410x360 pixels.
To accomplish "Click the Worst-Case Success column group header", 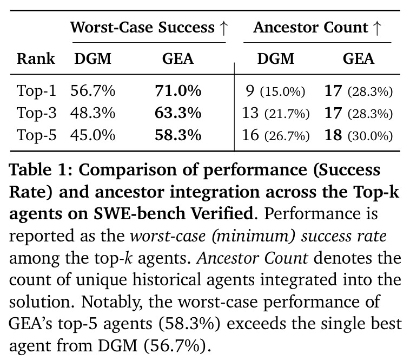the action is pyautogui.click(x=149, y=28).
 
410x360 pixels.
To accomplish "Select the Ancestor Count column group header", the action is pyautogui.click(x=318, y=28).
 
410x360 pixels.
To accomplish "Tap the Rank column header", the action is pyautogui.click(x=36, y=58).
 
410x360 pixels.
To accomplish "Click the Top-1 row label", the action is pyautogui.click(x=36, y=90).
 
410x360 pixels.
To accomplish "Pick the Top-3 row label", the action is pyautogui.click(x=36, y=113).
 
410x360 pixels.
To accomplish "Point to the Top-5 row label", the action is pyautogui.click(x=36, y=135).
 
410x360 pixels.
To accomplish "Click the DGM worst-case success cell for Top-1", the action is pyautogui.click(x=92, y=91).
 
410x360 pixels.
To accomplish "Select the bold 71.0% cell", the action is pyautogui.click(x=178, y=91).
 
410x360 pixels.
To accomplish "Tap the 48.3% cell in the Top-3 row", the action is pyautogui.click(x=92, y=113).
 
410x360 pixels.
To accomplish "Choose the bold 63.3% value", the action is pyautogui.click(x=178, y=113).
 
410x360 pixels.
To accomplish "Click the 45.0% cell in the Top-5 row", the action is pyautogui.click(x=92, y=135).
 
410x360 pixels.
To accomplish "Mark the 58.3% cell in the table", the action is pyautogui.click(x=178, y=135).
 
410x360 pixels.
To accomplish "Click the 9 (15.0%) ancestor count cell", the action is pyautogui.click(x=276, y=91).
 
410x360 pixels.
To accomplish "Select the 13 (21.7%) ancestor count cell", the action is pyautogui.click(x=276, y=113).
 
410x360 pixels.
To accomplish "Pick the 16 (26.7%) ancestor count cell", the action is pyautogui.click(x=276, y=135).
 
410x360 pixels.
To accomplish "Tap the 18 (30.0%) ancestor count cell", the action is pyautogui.click(x=359, y=135).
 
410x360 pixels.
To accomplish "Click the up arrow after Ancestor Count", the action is pyautogui.click(x=377, y=28).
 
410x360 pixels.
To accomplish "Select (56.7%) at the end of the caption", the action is pyautogui.click(x=177, y=346).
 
